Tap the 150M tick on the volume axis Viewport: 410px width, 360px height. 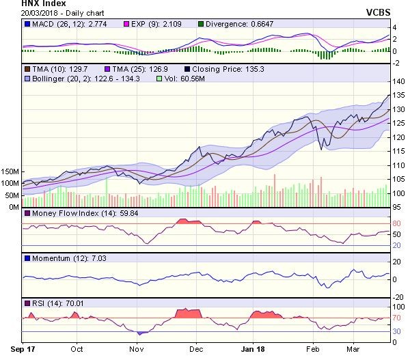pos(12,171)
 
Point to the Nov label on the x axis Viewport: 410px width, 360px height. pos(137,348)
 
